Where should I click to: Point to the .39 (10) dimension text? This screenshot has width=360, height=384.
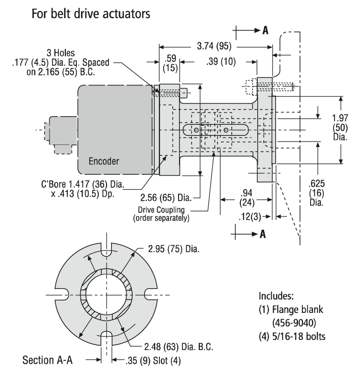pos(220,62)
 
